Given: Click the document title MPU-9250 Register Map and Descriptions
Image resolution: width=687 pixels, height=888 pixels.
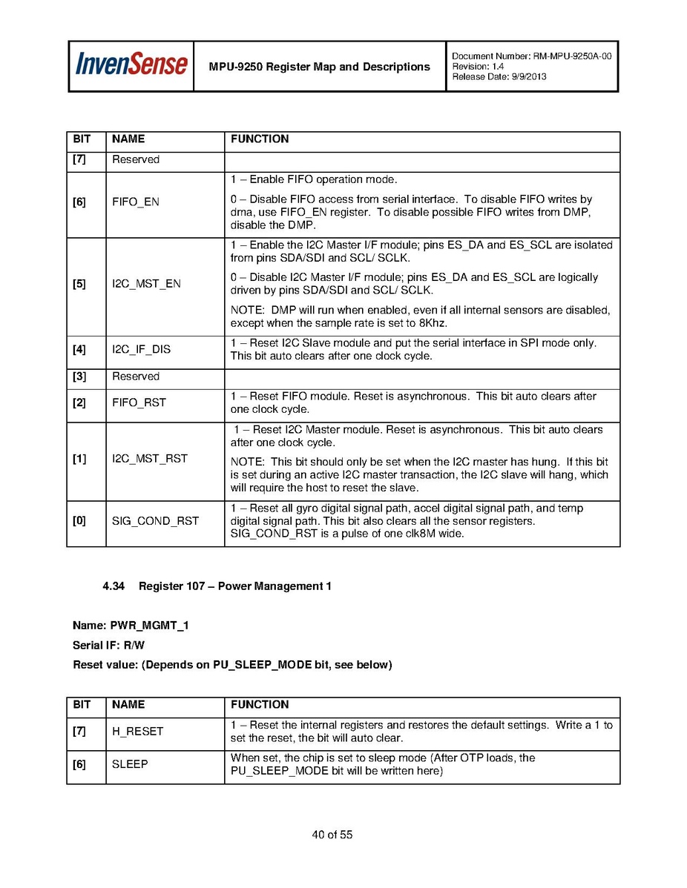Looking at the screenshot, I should (319, 67).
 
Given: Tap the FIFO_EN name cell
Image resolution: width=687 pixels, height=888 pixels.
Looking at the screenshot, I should (136, 202).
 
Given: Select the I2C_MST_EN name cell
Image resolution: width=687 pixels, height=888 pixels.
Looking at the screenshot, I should (146, 284).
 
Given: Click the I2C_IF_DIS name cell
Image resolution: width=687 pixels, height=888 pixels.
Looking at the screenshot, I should (141, 349).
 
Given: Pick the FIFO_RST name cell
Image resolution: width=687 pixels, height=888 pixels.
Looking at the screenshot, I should (139, 402).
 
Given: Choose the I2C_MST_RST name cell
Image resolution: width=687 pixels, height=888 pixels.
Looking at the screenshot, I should (149, 459).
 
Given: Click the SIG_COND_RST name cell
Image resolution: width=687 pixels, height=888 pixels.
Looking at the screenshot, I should (155, 521).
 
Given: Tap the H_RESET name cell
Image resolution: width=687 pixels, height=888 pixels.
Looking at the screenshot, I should (137, 732).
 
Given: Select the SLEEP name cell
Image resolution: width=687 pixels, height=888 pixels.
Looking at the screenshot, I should (130, 764).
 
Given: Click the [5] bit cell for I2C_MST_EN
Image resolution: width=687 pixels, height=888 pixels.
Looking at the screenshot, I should (79, 284).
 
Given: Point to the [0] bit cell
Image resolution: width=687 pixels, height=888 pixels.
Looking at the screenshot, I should (79, 521).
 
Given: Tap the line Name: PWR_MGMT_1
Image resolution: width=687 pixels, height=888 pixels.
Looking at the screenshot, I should (131, 626).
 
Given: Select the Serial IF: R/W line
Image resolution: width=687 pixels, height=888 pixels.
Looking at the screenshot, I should (108, 645).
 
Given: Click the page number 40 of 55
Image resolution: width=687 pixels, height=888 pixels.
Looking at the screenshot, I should (332, 835).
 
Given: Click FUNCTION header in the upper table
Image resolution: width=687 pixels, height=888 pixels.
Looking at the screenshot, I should (260, 139).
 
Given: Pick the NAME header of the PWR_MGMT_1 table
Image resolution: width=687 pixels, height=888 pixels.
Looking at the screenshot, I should (128, 705).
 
